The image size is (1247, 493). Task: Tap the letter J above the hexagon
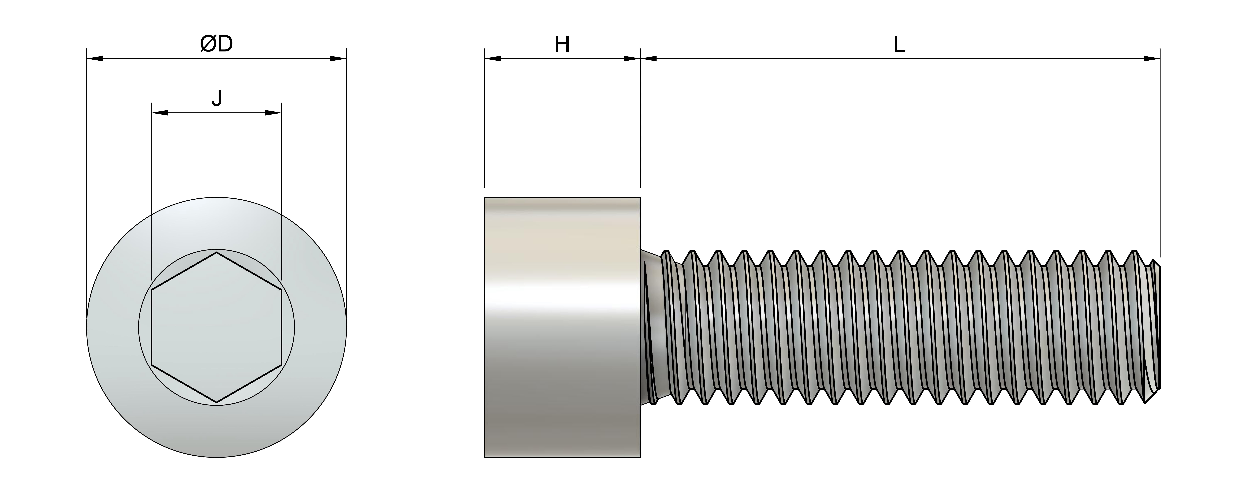coord(217,98)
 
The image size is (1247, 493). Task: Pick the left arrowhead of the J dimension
coord(160,113)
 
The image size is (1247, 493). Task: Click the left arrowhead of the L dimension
coord(649,59)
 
